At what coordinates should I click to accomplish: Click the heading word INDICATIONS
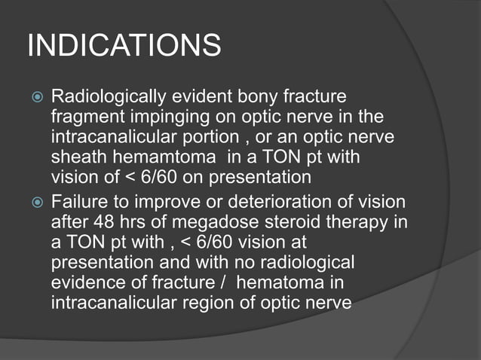[124, 46]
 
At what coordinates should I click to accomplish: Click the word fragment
[86, 118]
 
